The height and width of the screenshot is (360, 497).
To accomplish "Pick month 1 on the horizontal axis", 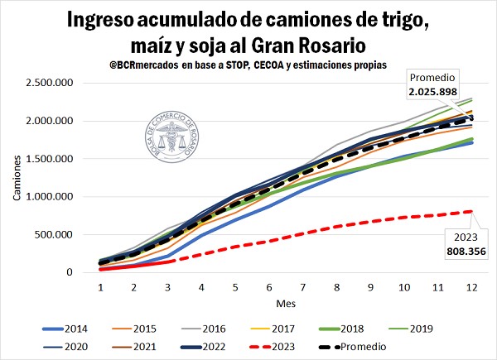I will [x=99, y=286].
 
